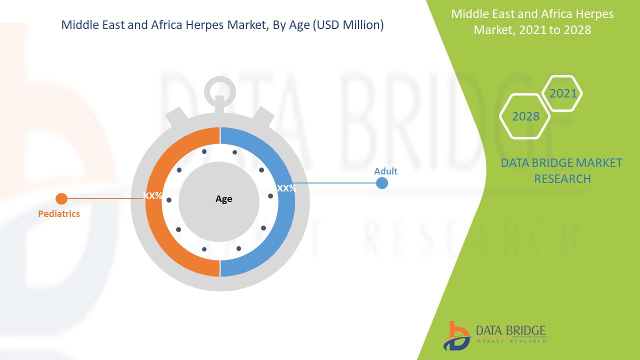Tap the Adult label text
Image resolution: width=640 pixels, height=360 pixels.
tap(385, 171)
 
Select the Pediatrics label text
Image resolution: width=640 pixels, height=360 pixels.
tap(59, 214)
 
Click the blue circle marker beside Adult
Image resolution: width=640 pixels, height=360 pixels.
tap(381, 183)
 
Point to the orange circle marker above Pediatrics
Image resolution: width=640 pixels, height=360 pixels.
tap(61, 199)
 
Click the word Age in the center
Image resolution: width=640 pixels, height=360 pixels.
tap(223, 199)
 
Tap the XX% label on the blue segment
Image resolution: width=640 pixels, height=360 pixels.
tap(286, 188)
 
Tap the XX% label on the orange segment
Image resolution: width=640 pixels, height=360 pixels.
tap(152, 195)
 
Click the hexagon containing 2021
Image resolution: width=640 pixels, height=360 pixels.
tap(563, 93)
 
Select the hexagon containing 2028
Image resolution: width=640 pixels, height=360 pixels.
tap(525, 116)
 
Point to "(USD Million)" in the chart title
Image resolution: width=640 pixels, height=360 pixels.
tap(348, 25)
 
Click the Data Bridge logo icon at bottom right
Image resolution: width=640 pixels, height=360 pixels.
tap(456, 335)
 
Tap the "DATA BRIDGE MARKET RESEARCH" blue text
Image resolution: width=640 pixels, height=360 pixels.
tap(562, 171)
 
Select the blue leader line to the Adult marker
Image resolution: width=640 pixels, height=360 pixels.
tap(335, 183)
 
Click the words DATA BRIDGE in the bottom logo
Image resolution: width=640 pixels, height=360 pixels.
tap(510, 330)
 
